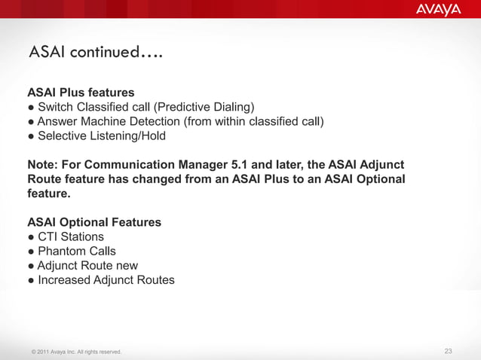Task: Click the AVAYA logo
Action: coord(438,10)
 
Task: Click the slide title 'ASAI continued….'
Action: coord(96,53)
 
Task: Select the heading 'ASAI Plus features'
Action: coord(81,93)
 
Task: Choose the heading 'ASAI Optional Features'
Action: coord(93,223)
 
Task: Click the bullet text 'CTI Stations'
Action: coord(71,237)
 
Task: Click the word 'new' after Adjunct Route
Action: coord(125,266)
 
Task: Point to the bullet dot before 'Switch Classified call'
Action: coord(31,107)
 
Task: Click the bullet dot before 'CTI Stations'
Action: coord(31,237)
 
